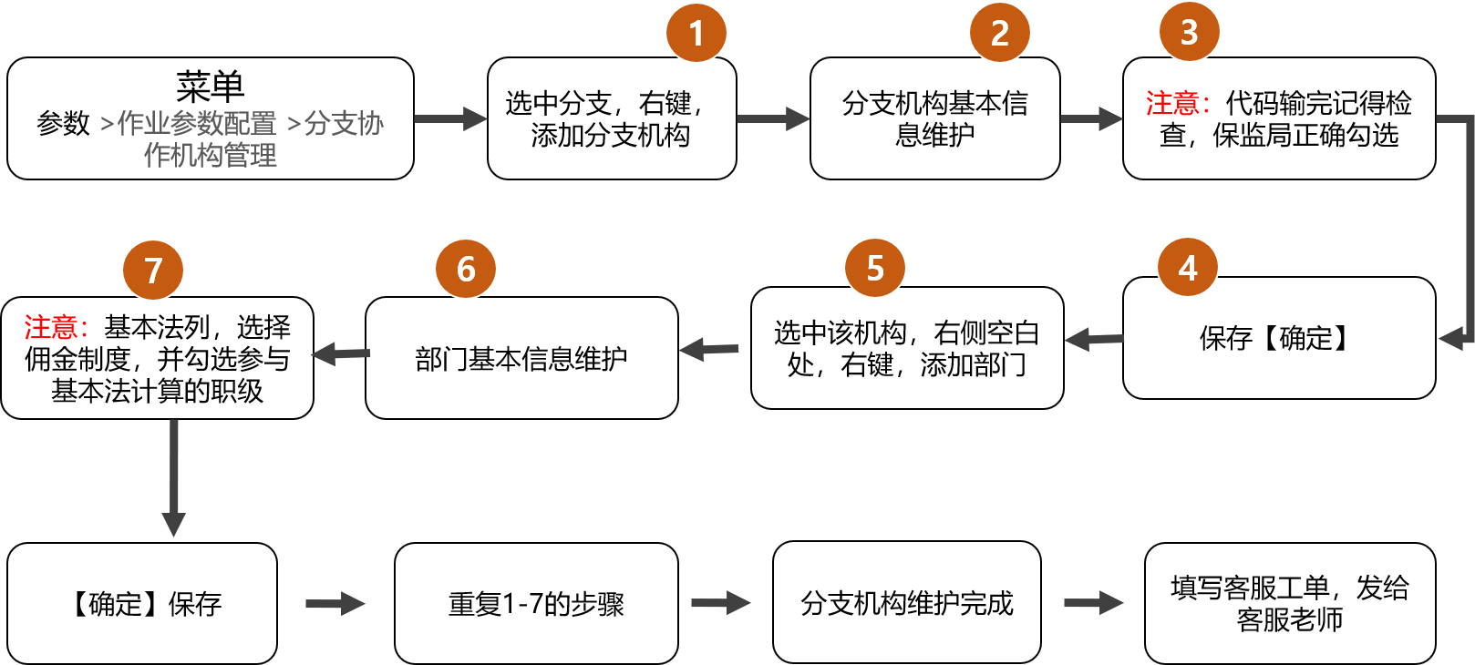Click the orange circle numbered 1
[696, 33]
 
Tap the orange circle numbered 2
[1000, 33]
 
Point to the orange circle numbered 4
[1188, 268]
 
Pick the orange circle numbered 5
[875, 268]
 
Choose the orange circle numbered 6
[466, 269]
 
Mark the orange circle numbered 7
[153, 270]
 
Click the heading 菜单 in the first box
[211, 87]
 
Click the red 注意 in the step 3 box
[1172, 103]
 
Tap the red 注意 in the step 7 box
[51, 326]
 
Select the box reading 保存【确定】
[1278, 338]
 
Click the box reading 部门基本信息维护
[521, 358]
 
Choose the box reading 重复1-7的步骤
[536, 603]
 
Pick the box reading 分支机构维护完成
[906, 602]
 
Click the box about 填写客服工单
[1289, 602]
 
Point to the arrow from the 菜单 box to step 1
[450, 118]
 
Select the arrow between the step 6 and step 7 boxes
[340, 353]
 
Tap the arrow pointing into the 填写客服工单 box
[1093, 602]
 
